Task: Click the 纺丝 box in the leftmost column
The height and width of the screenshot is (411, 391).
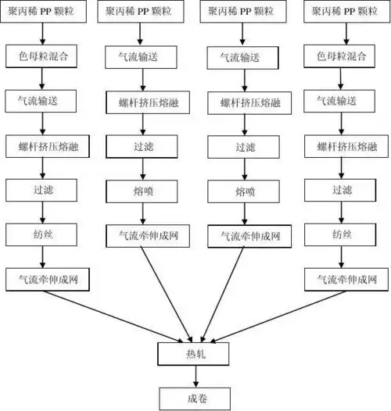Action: tap(44, 234)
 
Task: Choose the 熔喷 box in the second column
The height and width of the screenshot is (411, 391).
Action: tap(142, 190)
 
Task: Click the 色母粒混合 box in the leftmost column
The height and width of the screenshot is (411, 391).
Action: tap(44, 57)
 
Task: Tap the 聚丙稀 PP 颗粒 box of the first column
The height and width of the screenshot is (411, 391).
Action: tap(44, 13)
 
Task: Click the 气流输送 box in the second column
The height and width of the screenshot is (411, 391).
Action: tap(142, 57)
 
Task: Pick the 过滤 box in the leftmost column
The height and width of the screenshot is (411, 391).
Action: tap(44, 190)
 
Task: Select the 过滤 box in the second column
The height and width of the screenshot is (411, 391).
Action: tap(142, 146)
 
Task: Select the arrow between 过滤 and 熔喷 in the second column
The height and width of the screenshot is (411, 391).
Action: tap(142, 168)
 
